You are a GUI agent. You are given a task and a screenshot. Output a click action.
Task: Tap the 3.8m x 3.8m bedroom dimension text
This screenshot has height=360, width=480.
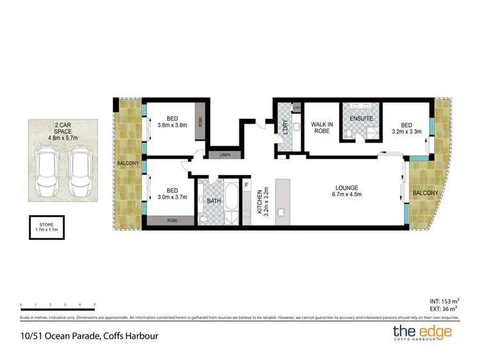[x=173, y=125]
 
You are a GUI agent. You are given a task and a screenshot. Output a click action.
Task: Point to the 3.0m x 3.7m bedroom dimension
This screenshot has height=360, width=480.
[x=172, y=198]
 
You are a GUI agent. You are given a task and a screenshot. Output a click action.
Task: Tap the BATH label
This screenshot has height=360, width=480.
[x=213, y=201]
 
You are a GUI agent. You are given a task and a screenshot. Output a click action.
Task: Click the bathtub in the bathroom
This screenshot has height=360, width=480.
[x=231, y=203]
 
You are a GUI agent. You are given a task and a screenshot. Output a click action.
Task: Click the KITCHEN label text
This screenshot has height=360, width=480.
[x=260, y=202]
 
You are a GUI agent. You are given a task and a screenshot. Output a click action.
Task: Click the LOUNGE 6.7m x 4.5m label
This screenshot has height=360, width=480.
[x=348, y=191]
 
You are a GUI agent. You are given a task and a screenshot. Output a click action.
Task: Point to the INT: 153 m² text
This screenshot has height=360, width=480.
[x=442, y=300]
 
